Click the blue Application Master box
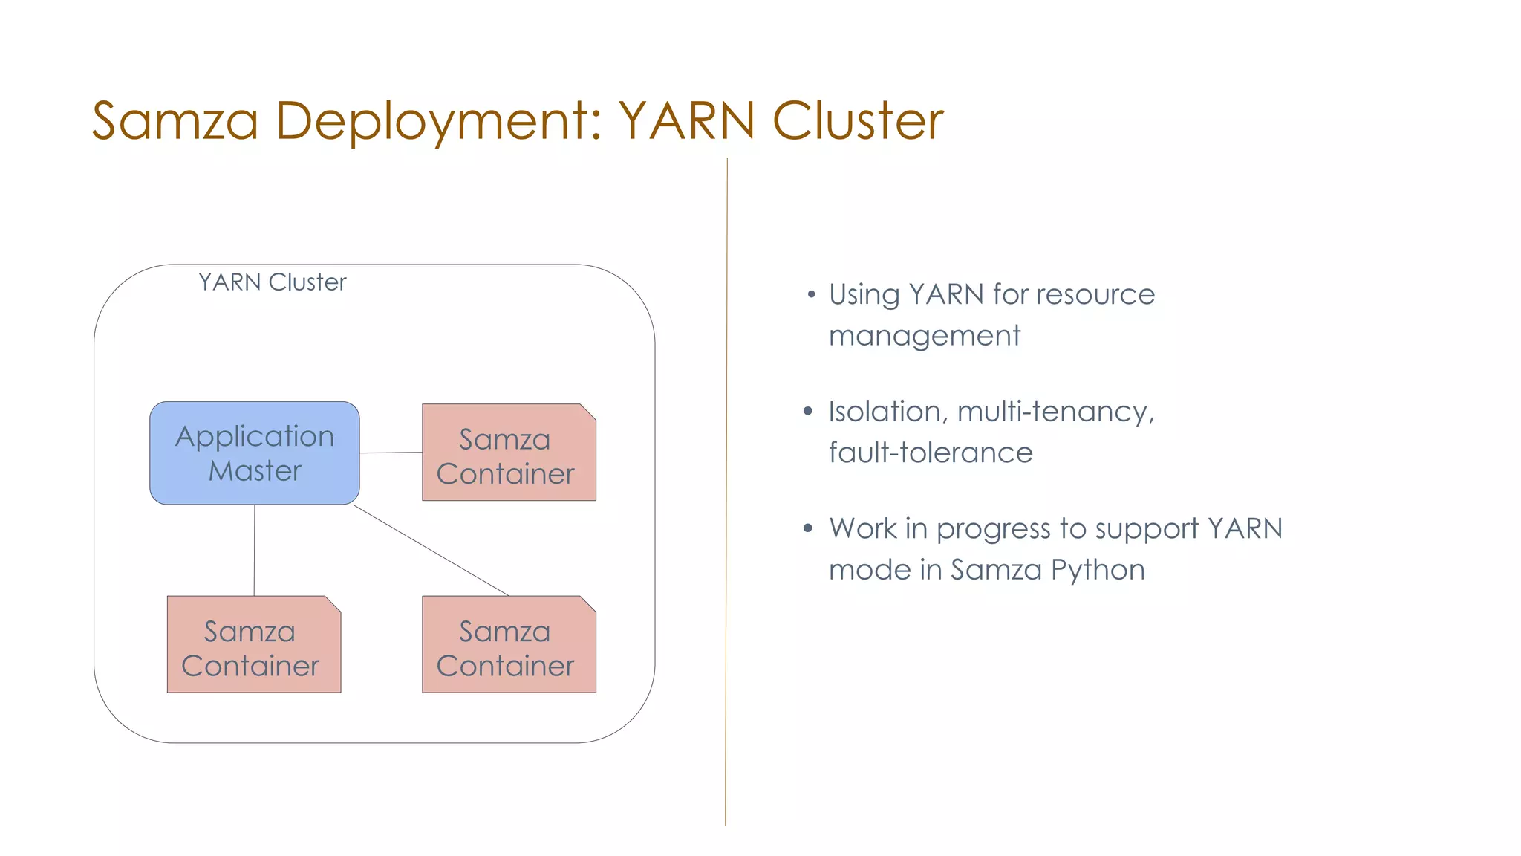[254, 453]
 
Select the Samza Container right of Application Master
[508, 453]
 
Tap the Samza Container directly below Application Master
[253, 644]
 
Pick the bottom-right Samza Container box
[508, 644]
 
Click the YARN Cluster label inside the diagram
[272, 282]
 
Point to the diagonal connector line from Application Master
[431, 551]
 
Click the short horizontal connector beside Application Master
[391, 453]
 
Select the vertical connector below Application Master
[254, 550]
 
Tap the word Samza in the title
[175, 121]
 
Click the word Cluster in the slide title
[858, 121]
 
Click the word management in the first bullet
[924, 336]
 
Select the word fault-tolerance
[930, 453]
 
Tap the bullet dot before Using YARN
[811, 295]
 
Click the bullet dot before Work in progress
[808, 529]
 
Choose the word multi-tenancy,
[1055, 412]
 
